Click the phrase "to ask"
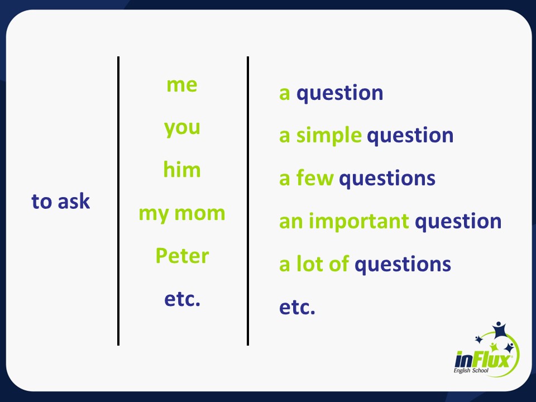tap(60, 201)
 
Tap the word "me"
tap(182, 85)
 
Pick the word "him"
tap(182, 169)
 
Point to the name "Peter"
tap(182, 255)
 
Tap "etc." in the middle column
tap(182, 299)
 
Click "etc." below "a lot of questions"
tap(297, 307)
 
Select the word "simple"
tap(329, 135)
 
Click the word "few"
tap(315, 178)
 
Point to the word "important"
tap(359, 222)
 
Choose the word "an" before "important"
tap(291, 222)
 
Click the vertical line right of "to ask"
tap(118, 201)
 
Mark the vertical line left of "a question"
tap(248, 201)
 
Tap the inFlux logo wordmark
tap(482, 360)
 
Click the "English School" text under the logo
tap(471, 371)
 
